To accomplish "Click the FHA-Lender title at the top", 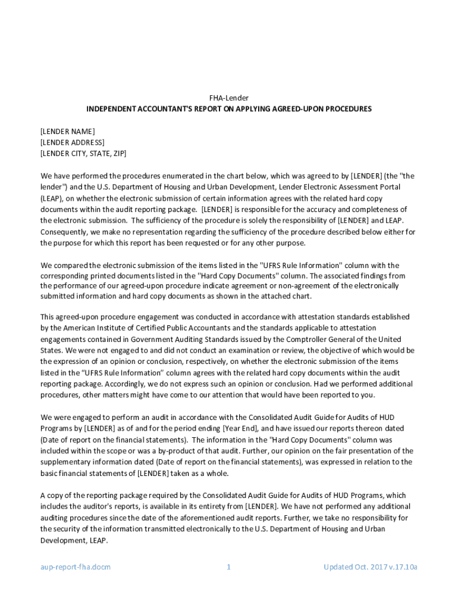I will click(229, 98).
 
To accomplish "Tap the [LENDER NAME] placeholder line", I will click(67, 131).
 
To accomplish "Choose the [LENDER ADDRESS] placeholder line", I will click(72, 142).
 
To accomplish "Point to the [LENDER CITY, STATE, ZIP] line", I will click(83, 153).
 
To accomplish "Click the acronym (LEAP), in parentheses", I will click(52, 198).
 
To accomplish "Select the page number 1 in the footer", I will click(228, 567).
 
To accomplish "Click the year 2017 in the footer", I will click(370, 567).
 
